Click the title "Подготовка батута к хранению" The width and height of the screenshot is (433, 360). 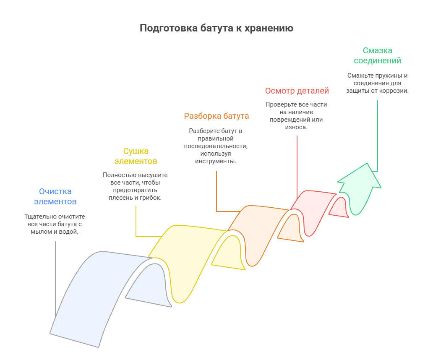coord(216,29)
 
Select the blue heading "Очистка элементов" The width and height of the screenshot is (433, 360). coord(55,196)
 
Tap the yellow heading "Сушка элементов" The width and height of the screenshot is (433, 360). coord(136,156)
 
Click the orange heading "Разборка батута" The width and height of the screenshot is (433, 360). coord(216,116)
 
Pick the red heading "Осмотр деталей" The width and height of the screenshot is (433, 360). coord(297,91)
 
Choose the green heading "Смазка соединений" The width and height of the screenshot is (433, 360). coord(377,55)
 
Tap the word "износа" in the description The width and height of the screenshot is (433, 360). coord(296,127)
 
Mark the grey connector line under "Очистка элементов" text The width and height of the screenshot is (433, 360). coord(55,277)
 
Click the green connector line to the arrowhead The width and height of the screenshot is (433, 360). coord(377,134)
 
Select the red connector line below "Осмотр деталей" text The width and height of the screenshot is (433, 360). coord(297,164)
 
